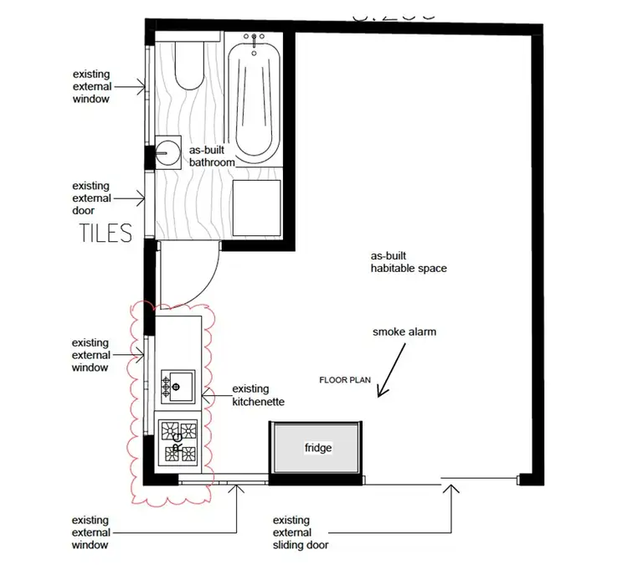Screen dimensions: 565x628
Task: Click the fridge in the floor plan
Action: click(x=317, y=449)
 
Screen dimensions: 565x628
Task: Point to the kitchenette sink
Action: click(x=181, y=386)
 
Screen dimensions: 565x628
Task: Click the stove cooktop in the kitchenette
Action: click(x=179, y=441)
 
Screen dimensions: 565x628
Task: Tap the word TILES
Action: click(x=106, y=233)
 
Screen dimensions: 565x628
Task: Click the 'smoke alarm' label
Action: click(x=404, y=332)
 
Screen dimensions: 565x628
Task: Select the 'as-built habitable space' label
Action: click(x=409, y=262)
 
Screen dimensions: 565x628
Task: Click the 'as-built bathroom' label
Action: click(x=211, y=156)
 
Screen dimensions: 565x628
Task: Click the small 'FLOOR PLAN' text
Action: click(x=345, y=380)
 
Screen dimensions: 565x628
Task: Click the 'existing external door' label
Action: click(x=90, y=198)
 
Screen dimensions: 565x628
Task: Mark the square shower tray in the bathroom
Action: click(x=255, y=206)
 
